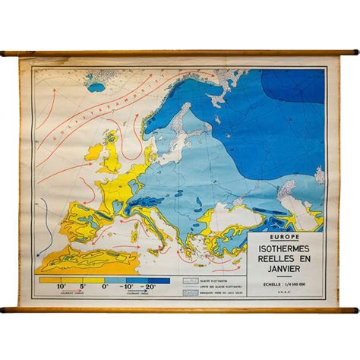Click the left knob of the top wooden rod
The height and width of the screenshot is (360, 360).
(x=4, y=53)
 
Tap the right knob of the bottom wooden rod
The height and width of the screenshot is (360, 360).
(x=355, y=309)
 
